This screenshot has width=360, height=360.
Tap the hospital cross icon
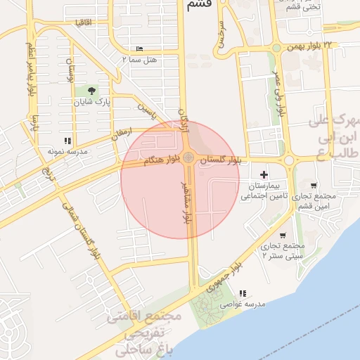264,174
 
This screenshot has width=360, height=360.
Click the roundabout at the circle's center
188,157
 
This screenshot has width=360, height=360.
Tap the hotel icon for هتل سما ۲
139,49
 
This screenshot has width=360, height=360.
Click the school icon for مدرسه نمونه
67,141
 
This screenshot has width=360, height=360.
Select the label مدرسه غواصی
242,304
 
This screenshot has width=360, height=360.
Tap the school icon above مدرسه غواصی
243,292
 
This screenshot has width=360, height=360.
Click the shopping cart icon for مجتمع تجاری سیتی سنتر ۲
283,236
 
